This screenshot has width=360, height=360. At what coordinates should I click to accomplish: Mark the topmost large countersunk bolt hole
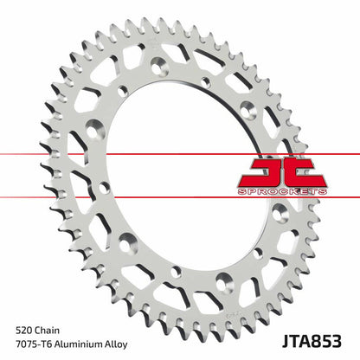(161, 66)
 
